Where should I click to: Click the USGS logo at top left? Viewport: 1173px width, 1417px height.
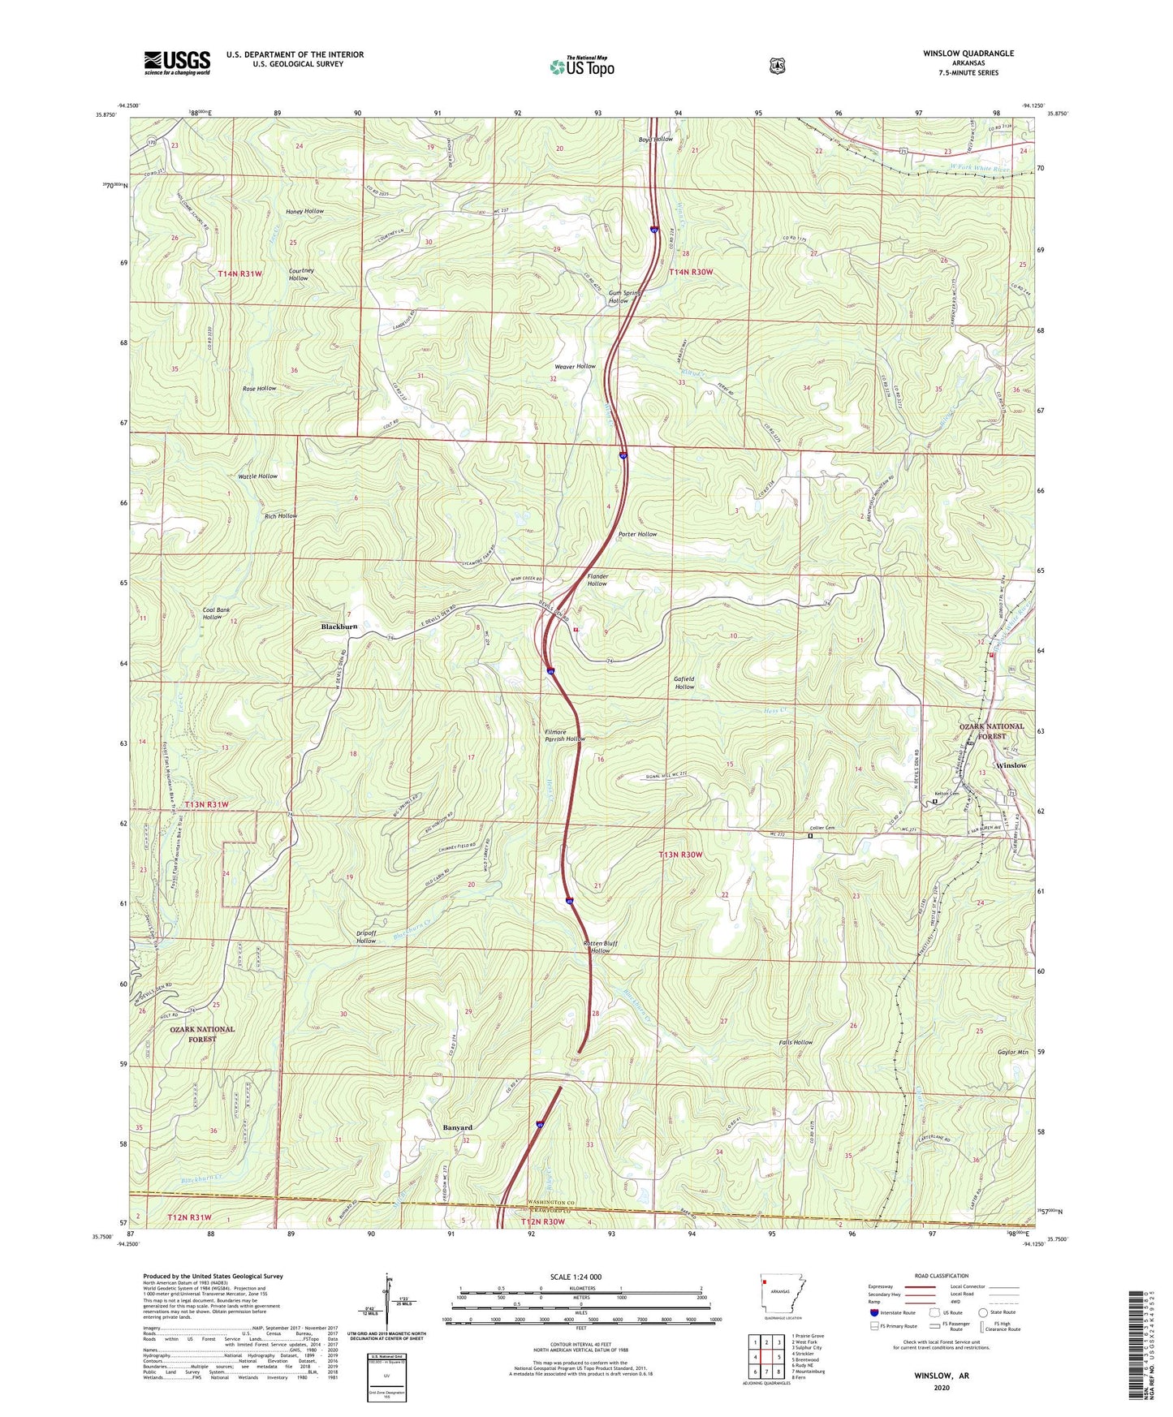[x=177, y=62]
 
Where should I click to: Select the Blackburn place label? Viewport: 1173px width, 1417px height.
[x=339, y=627]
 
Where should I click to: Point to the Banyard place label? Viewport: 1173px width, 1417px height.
[x=457, y=1127]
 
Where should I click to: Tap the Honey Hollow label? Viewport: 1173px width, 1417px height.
[x=304, y=211]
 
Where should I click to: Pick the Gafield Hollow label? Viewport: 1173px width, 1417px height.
[x=684, y=683]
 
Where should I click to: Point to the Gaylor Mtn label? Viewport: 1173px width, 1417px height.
[x=1011, y=1051]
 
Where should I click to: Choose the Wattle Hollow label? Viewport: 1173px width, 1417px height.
[x=257, y=476]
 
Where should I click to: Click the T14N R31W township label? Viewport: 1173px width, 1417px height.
[x=240, y=274]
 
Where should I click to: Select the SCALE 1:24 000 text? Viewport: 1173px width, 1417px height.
[x=576, y=1277]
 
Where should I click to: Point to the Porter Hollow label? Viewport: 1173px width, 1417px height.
[x=637, y=534]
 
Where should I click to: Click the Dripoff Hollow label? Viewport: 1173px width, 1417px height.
[x=365, y=937]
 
